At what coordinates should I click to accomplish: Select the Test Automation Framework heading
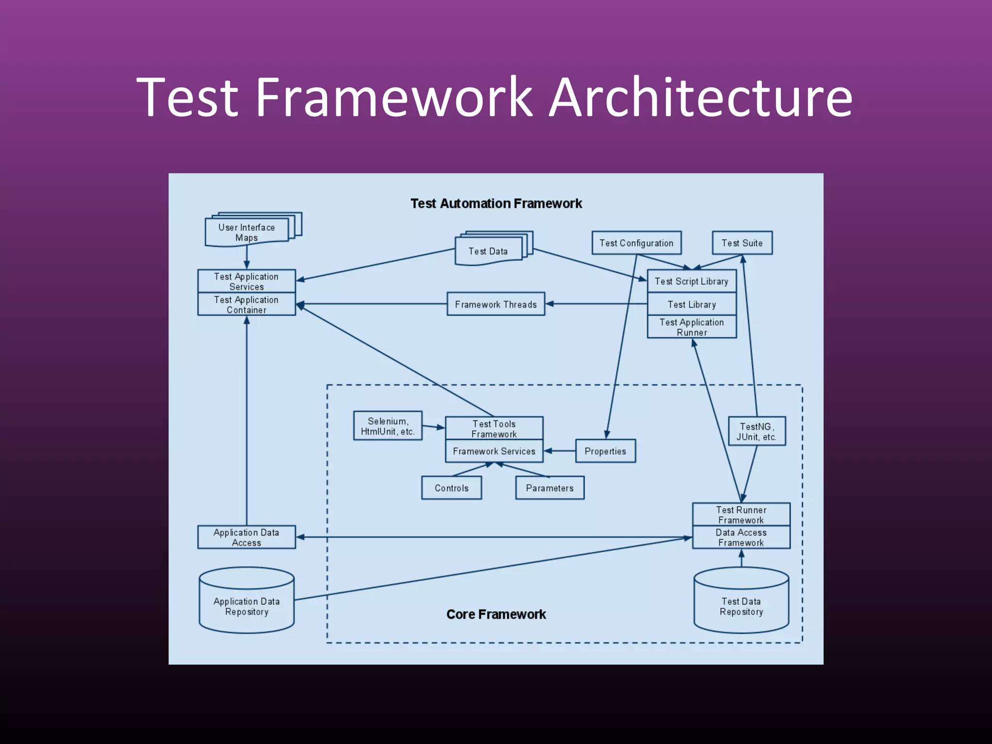[496, 203]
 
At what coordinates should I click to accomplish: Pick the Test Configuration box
[636, 243]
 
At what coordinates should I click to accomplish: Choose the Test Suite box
[742, 243]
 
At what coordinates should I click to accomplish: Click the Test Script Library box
[691, 281]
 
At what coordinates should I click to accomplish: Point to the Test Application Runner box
[691, 327]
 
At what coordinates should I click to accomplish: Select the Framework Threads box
[496, 304]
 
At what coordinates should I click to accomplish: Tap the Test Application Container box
[246, 304]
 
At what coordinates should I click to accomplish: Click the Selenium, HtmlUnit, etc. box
[387, 426]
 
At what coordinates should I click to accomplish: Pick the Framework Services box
[494, 451]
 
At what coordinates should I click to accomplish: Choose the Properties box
[605, 451]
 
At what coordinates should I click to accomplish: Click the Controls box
[451, 488]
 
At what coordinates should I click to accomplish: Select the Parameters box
[549, 488]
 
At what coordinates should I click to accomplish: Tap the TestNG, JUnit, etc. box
[756, 431]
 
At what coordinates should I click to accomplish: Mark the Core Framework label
[496, 614]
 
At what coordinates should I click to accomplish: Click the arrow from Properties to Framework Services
[559, 451]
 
